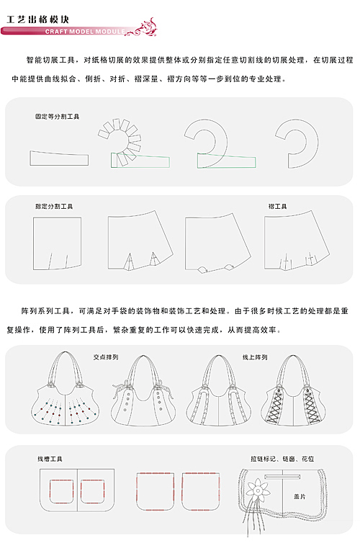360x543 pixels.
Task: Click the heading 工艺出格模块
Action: (37, 19)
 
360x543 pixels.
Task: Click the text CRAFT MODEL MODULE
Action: (85, 32)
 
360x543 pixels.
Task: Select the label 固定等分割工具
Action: (57, 117)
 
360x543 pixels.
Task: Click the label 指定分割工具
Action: (54, 207)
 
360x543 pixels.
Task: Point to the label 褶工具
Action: (278, 207)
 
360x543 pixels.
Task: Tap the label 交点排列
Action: (106, 357)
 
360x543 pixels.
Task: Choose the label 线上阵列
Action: (255, 357)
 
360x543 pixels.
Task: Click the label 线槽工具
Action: (50, 459)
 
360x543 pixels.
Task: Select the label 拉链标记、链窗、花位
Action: (282, 459)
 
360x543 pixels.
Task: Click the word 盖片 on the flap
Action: (300, 496)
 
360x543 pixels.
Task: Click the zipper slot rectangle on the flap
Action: (282, 477)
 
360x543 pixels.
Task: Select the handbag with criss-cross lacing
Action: (294, 390)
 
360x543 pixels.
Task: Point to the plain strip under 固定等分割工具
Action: (59, 158)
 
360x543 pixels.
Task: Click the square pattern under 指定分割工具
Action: (58, 243)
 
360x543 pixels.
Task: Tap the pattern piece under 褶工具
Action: (297, 240)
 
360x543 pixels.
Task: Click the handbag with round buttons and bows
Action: (143, 390)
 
